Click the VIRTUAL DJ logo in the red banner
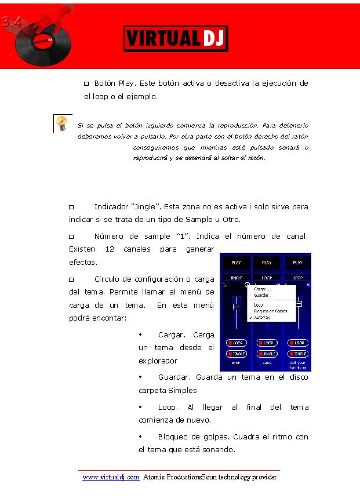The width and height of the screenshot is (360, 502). point(176,39)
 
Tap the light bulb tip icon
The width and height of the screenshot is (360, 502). point(61,122)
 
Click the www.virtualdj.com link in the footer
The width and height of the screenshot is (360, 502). point(111,478)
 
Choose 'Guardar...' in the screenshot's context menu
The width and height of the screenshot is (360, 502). point(262,295)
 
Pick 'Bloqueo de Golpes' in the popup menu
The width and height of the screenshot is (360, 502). point(271,311)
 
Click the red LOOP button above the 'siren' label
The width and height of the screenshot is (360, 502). point(236,343)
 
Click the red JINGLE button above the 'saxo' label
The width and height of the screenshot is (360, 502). point(267,354)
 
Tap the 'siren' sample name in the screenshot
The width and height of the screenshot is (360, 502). point(236,363)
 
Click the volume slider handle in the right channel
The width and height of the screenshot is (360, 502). point(300,303)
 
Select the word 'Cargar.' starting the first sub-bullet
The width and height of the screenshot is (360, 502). point(172,334)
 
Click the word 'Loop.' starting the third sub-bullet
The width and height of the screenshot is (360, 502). point(169,408)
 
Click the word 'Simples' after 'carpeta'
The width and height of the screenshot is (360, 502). point(183,391)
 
